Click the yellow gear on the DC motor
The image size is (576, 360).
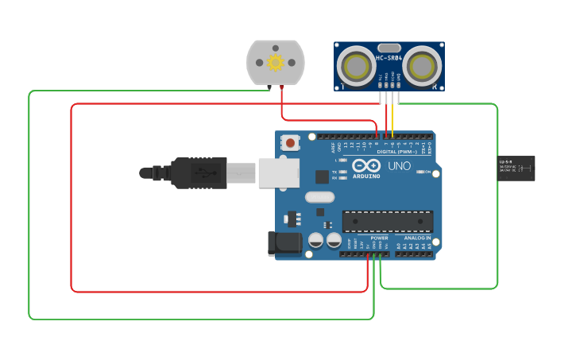tap(276, 63)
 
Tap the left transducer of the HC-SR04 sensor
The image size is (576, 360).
tap(354, 67)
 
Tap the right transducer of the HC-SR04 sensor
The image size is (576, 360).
tap(423, 67)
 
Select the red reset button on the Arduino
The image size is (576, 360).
tap(291, 144)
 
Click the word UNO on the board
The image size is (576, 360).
tap(400, 165)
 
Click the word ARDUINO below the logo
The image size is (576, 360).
tap(366, 176)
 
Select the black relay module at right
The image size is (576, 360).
tap(516, 168)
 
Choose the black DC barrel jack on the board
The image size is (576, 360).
tap(286, 243)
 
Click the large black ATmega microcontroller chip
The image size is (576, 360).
tap(388, 223)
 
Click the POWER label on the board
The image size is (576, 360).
tap(379, 238)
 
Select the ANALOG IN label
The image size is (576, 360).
tap(417, 238)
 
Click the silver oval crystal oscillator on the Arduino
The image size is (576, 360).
tap(319, 198)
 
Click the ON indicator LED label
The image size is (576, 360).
tap(427, 172)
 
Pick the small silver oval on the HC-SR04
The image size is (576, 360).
tap(389, 48)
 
